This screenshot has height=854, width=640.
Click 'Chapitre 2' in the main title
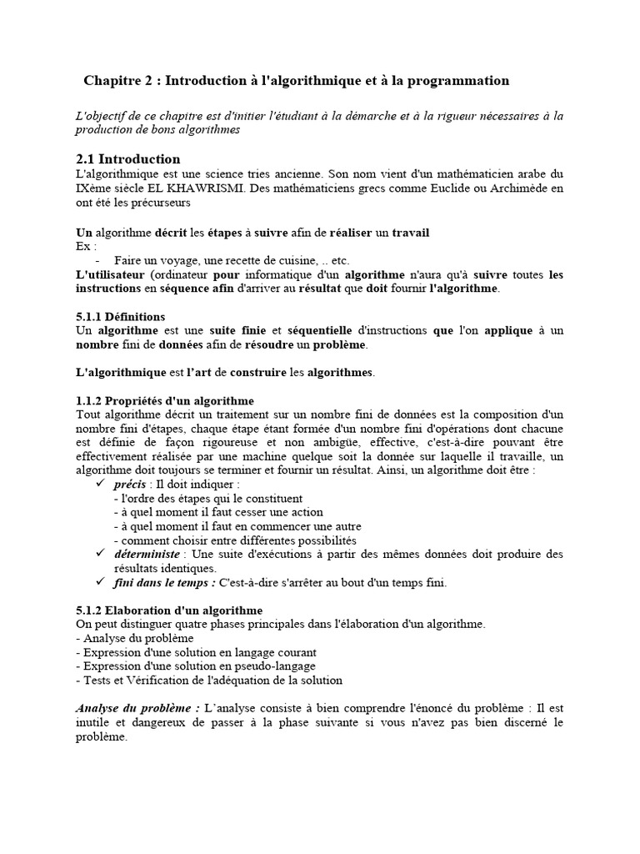pyautogui.click(x=119, y=81)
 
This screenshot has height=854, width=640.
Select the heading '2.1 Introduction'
pyautogui.click(x=127, y=158)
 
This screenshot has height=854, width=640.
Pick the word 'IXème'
pyautogui.click(x=93, y=188)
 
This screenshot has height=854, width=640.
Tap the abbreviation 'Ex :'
pyautogui.click(x=86, y=246)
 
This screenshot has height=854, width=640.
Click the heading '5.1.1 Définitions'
pyautogui.click(x=120, y=317)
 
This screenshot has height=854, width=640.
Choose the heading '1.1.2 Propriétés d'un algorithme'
pyautogui.click(x=165, y=401)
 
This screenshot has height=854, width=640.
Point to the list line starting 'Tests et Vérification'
pyautogui.click(x=208, y=681)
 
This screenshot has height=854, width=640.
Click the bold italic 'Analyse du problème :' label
pyautogui.click(x=137, y=708)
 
